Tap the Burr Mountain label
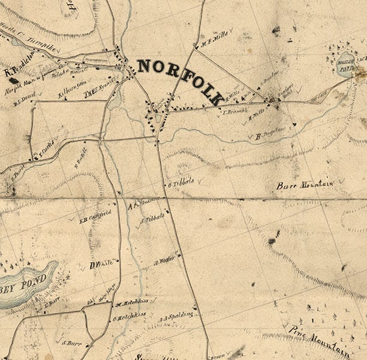[305, 185]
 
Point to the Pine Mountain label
[319, 340]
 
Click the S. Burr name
[72, 343]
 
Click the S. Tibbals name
[152, 220]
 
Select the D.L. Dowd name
[28, 96]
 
